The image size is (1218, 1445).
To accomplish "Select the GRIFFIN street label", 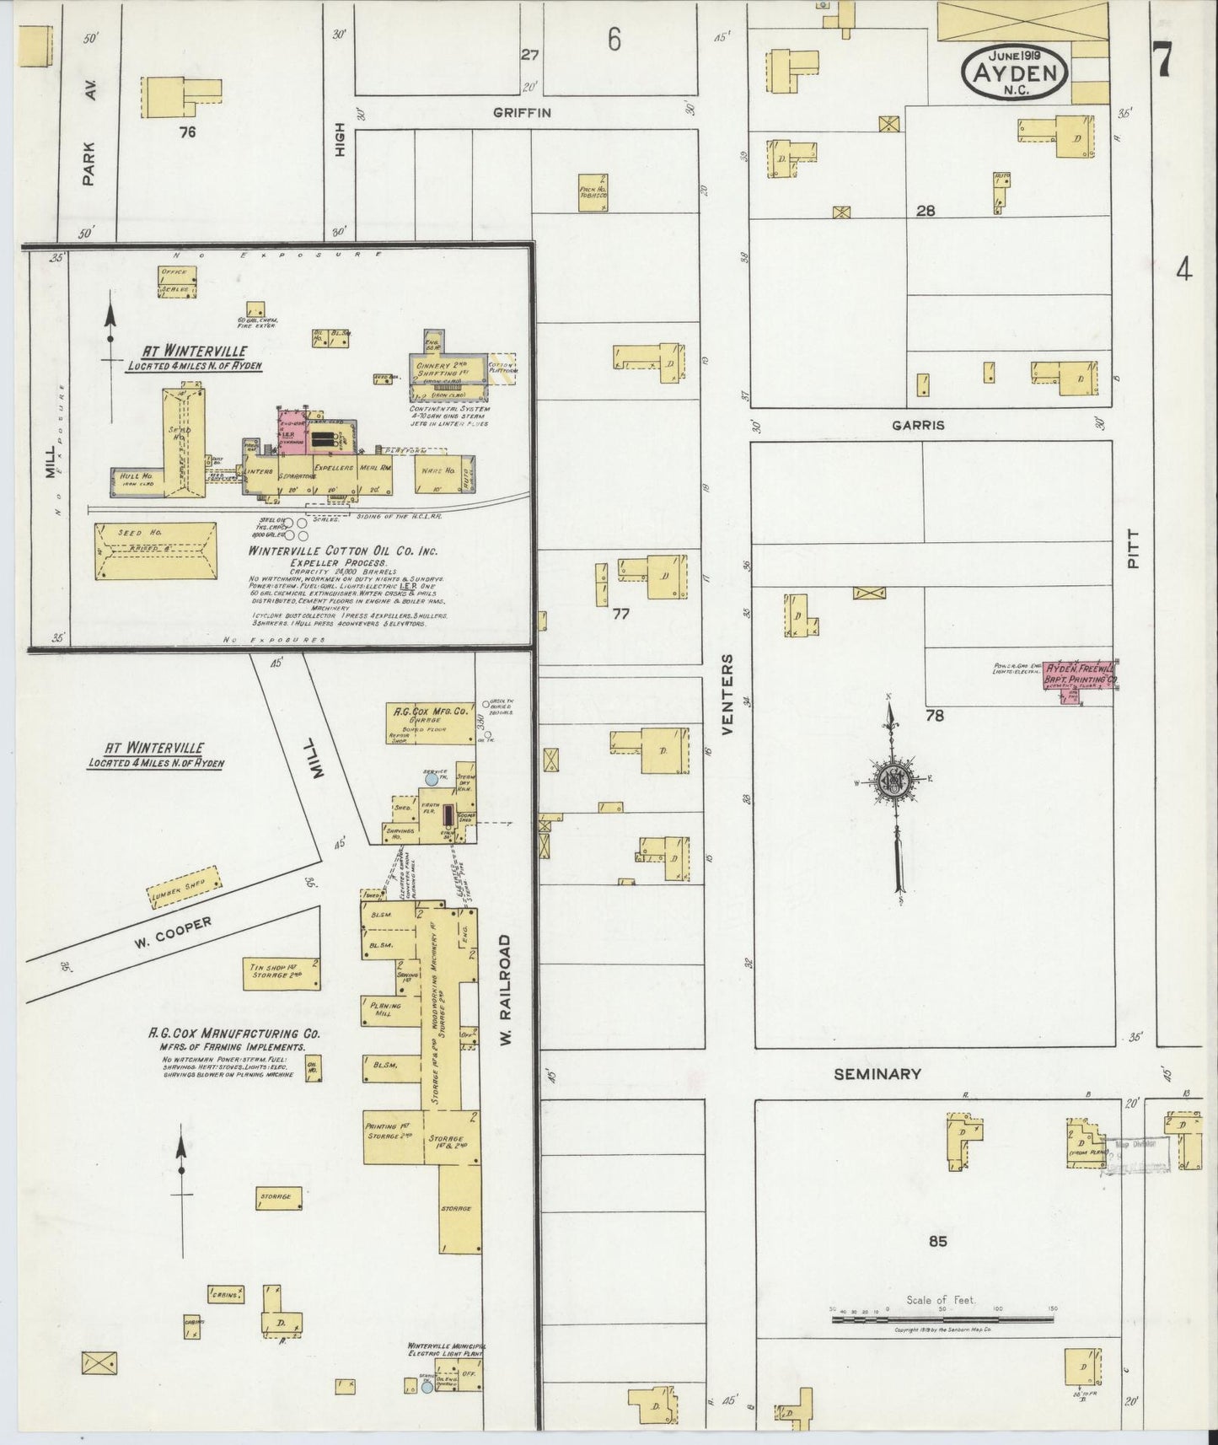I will click(522, 112).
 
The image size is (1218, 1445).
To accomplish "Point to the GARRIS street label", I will click(918, 426).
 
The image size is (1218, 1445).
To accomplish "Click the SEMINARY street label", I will click(877, 1074).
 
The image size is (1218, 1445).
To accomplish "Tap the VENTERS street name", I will click(727, 693).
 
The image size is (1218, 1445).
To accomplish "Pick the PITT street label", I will click(1133, 549).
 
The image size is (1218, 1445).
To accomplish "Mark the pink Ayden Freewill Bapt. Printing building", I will click(1081, 675).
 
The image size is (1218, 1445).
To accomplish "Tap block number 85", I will click(937, 1241).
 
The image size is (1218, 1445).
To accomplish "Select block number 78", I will click(934, 716).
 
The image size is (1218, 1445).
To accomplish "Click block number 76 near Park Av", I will click(187, 132).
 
